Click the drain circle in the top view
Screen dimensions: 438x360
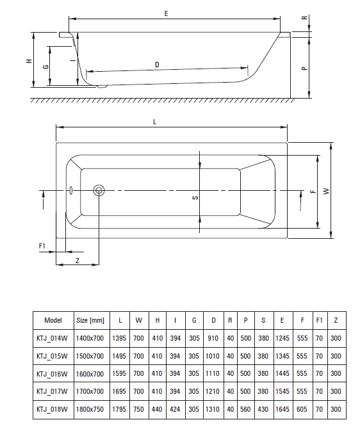99,190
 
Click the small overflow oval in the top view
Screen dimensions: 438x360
72,190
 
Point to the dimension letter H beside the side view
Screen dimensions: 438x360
28,61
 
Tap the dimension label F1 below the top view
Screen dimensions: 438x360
42,245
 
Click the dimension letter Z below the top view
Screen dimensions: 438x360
77,261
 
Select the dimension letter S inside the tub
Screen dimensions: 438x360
195,198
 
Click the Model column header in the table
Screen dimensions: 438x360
53,320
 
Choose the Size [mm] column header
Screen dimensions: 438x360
90,320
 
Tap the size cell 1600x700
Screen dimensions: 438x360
90,373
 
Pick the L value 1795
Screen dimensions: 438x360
120,409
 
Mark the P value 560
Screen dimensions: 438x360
247,409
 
